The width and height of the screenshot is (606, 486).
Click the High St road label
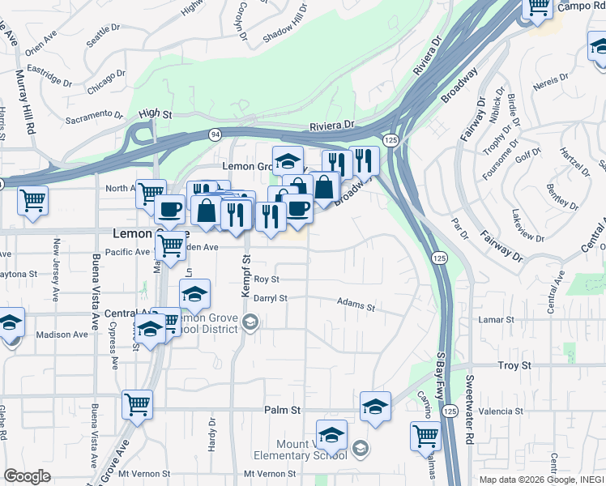tap(156, 115)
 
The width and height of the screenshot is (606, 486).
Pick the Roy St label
tap(266, 279)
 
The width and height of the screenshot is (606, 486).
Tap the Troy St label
tap(514, 366)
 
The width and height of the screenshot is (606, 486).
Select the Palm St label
tap(282, 411)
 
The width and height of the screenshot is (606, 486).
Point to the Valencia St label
tap(501, 411)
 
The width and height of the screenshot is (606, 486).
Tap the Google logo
tap(27, 476)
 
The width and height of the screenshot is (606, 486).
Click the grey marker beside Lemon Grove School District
tap(250, 324)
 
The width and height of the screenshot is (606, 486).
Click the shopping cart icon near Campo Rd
tap(539, 8)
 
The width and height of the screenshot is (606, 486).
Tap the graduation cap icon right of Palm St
tap(375, 407)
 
